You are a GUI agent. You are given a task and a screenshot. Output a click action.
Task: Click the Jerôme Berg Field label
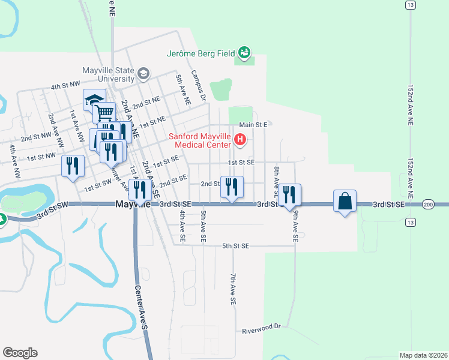pos(201,53)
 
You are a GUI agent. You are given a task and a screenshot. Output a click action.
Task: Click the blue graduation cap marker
pos(94,100)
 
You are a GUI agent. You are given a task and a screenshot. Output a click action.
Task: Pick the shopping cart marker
pos(105,112)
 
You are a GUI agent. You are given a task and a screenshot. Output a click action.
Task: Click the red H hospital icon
pos(240,140)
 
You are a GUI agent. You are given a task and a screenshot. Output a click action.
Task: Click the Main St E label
pos(252,125)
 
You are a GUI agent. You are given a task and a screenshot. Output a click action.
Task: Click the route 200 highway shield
pos(427,204)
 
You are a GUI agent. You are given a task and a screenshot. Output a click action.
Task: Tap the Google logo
pos(20,353)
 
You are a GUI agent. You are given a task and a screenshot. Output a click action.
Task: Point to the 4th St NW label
pos(65,86)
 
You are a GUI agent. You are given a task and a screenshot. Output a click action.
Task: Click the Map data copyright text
pos(423,355)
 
